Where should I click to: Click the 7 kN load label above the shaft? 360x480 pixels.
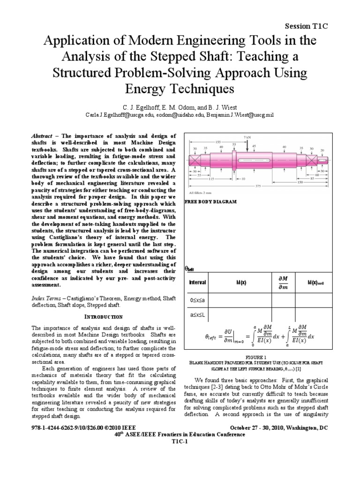[247, 136]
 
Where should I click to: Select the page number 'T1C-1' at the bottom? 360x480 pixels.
[180, 441]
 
